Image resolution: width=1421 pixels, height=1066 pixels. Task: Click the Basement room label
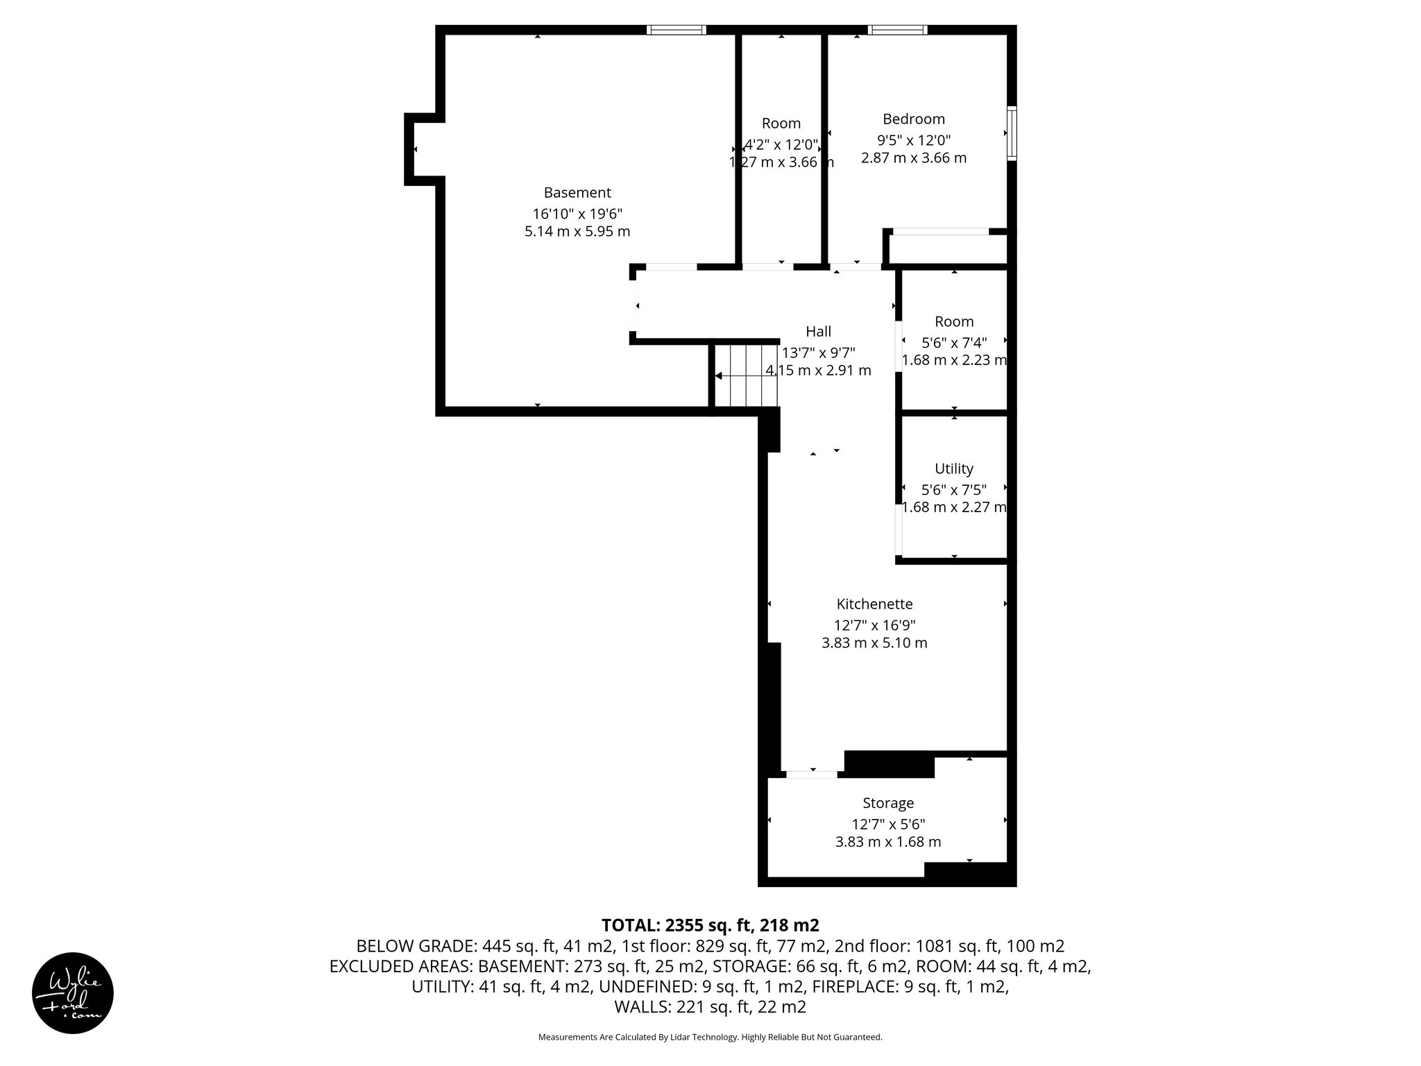(577, 192)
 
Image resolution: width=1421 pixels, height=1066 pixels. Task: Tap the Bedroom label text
(913, 119)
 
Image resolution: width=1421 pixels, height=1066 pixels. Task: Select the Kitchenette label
(874, 604)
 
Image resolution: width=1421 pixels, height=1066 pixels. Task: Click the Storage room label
(887, 803)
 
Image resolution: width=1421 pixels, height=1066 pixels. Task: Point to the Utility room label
(953, 468)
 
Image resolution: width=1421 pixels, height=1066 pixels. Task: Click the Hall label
(818, 332)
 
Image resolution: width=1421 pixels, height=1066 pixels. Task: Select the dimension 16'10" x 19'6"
(577, 213)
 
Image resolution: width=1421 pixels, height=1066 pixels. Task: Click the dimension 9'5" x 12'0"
(913, 139)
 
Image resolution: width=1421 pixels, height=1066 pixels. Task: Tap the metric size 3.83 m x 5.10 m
(874, 643)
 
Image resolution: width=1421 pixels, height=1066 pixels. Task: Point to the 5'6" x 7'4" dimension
(953, 342)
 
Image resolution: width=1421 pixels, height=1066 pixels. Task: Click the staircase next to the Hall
(747, 375)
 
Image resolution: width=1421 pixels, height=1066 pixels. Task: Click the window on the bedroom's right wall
(1012, 133)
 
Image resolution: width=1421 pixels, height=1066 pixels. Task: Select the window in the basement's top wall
(677, 30)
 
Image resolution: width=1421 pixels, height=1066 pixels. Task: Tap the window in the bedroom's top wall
(897, 30)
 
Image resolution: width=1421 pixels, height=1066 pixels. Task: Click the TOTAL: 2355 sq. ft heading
(710, 925)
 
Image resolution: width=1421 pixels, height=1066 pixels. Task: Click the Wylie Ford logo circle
(73, 993)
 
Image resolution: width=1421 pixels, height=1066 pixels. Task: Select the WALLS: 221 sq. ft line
(710, 1007)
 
